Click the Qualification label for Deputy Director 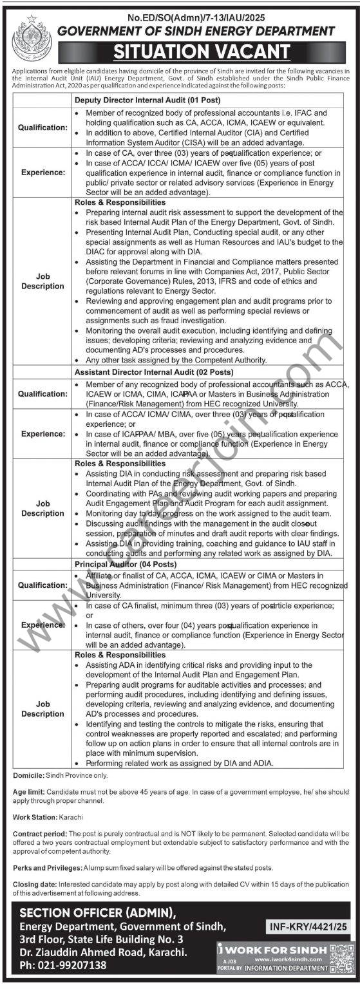43,127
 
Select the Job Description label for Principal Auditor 43,709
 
